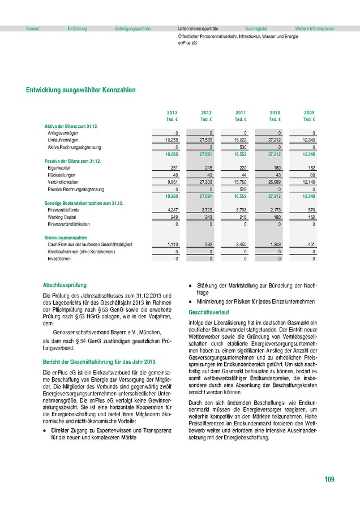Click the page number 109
coord(329,480)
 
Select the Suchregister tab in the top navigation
coord(256,28)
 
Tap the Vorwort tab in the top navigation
coord(33,28)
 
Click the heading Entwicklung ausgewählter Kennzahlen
coord(81,90)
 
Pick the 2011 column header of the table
coord(241,113)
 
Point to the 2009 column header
coord(310,113)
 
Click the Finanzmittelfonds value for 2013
coord(172,209)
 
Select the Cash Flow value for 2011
coord(241,244)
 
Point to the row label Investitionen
coord(59,258)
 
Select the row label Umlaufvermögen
coord(63,140)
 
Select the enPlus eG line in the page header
coord(187,42)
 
